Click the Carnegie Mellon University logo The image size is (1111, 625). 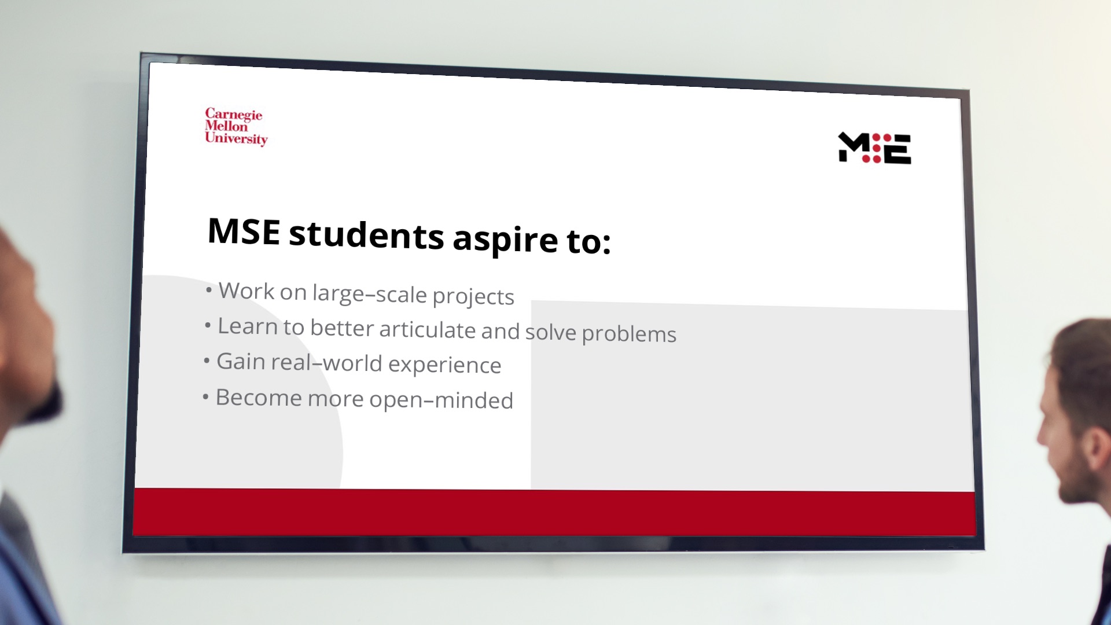coord(236,127)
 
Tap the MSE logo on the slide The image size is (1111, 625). coord(874,148)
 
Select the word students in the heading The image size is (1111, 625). coord(366,234)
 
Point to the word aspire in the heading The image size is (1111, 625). coord(505,240)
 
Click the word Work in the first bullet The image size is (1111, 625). coord(247,291)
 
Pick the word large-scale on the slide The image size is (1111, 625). coord(370,294)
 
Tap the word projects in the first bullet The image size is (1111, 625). coord(473,297)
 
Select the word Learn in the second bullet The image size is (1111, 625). coord(248,326)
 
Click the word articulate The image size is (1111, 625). coord(428,329)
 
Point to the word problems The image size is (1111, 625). coord(629,334)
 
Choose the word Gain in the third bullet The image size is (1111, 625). coord(241,361)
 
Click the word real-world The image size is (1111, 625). coord(326,363)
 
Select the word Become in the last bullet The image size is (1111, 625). coord(259,398)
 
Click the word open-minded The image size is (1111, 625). coord(441,400)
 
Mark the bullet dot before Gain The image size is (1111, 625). coord(207,362)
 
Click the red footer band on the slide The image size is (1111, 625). coord(554,513)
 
